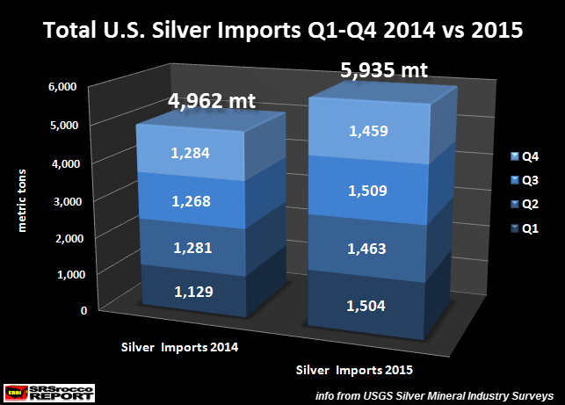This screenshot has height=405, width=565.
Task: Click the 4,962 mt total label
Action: (211, 100)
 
